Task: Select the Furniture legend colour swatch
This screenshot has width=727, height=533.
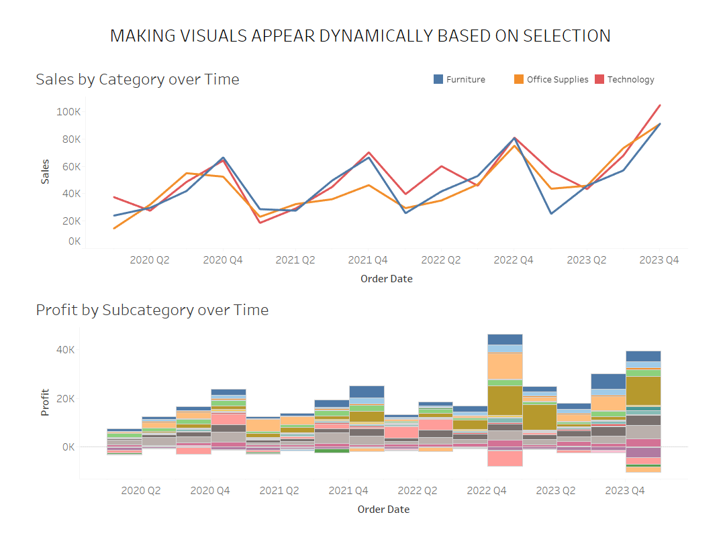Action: (x=438, y=79)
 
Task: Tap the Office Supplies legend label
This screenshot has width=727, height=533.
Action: (x=557, y=79)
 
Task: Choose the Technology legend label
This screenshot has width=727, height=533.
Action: (x=630, y=79)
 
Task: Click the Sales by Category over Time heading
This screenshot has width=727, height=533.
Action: (x=138, y=79)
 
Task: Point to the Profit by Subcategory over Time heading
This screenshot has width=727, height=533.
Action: (x=152, y=310)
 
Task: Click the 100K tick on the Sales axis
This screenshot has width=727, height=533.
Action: (x=68, y=111)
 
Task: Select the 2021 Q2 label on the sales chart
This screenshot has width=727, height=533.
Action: (x=295, y=260)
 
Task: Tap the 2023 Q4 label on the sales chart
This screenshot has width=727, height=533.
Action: (x=659, y=260)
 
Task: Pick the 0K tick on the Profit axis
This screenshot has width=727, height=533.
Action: (x=68, y=447)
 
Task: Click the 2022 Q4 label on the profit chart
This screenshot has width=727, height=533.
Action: (x=487, y=491)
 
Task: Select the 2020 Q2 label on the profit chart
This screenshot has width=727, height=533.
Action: (x=141, y=491)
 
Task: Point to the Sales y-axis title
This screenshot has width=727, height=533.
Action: (x=46, y=172)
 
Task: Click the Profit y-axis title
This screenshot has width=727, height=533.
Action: (x=46, y=403)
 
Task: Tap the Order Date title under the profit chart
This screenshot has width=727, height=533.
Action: (x=383, y=510)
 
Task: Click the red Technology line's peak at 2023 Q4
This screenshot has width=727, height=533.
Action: (x=660, y=105)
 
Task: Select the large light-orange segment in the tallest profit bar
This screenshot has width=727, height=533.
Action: (x=505, y=365)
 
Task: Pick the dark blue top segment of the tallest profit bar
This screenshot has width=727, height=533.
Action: (x=505, y=339)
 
